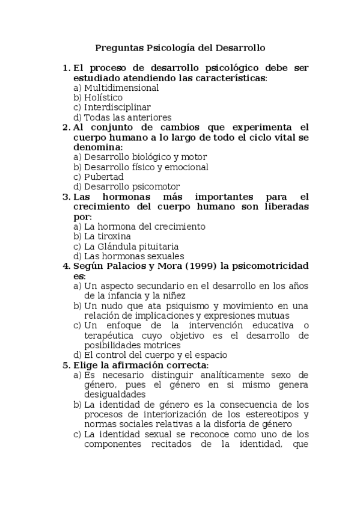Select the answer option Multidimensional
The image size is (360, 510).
coord(121,88)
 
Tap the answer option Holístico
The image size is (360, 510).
coord(103,97)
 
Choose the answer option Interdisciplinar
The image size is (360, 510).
coord(117,108)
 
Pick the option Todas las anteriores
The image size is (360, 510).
coord(127,117)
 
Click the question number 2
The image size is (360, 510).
coord(66,127)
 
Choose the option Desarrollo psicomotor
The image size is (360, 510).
coord(132,187)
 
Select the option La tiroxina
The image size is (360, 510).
coord(107,236)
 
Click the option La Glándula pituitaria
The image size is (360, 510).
coord(131,247)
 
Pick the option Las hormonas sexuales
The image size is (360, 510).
coord(134,256)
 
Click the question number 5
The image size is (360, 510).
coord(66,365)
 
